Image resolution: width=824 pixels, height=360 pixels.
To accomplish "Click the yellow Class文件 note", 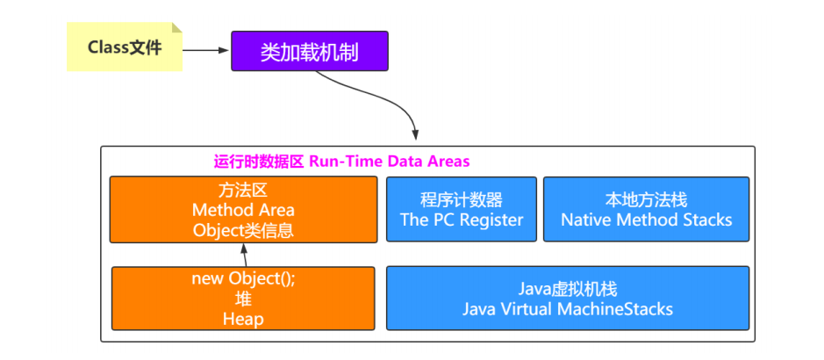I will pyautogui.click(x=124, y=47).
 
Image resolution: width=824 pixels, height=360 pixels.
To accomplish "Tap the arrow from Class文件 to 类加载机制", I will pyautogui.click(x=206, y=49).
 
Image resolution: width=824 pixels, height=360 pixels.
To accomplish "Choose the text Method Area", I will pyautogui.click(x=243, y=210).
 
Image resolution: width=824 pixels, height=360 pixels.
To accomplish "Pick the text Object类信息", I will pyautogui.click(x=243, y=231).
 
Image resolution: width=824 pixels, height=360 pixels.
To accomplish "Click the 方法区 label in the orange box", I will pyautogui.click(x=243, y=190).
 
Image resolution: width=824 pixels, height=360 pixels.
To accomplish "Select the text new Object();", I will pyautogui.click(x=244, y=279).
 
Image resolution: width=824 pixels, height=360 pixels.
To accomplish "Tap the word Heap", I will pyautogui.click(x=244, y=320).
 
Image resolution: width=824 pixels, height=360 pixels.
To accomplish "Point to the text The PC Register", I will pyautogui.click(x=462, y=220).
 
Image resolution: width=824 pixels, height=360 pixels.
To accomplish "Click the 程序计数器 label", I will pyautogui.click(x=462, y=199).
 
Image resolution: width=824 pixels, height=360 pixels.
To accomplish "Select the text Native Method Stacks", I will pyautogui.click(x=647, y=220).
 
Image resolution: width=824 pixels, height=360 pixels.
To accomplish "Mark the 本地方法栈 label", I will pyautogui.click(x=647, y=199).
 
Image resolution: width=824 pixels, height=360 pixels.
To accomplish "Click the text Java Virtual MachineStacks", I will pyautogui.click(x=569, y=309).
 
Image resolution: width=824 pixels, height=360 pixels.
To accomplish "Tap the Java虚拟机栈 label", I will pyautogui.click(x=569, y=290).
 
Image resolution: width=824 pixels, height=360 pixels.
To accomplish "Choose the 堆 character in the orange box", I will pyautogui.click(x=244, y=299).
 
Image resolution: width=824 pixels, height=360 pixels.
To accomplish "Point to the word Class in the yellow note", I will pyautogui.click(x=108, y=47).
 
